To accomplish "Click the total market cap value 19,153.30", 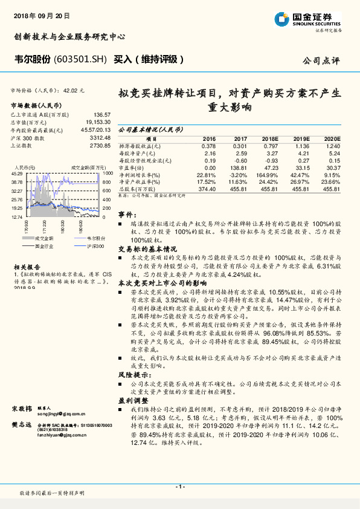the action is coord(99,122).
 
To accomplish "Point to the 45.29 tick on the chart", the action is coord(17,173).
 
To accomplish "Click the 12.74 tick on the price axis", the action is coord(17,216).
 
